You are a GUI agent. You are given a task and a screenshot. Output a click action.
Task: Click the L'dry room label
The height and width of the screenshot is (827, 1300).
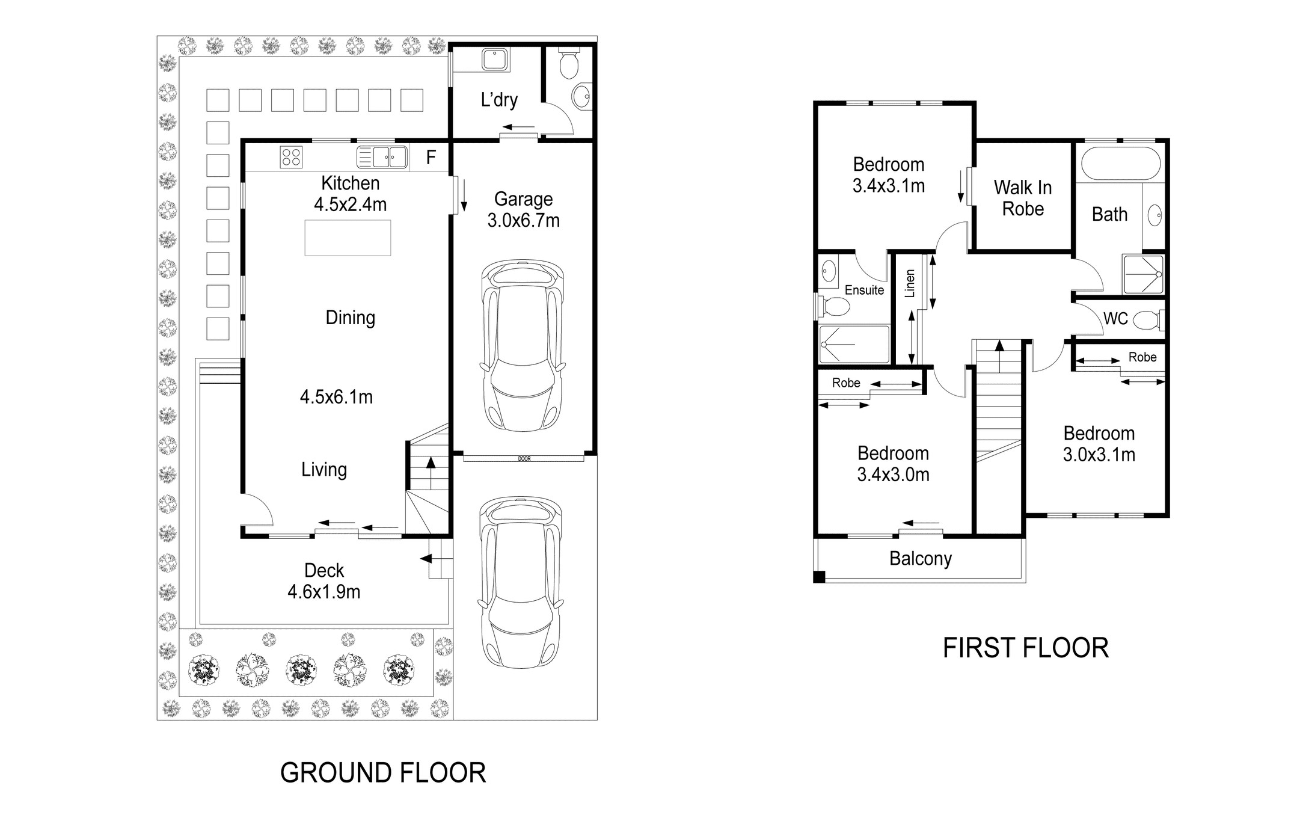pyautogui.click(x=499, y=100)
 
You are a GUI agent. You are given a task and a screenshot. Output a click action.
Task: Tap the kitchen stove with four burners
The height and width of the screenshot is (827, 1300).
pyautogui.click(x=291, y=158)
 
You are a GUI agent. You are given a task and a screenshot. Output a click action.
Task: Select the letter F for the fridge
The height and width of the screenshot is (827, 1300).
pyautogui.click(x=431, y=158)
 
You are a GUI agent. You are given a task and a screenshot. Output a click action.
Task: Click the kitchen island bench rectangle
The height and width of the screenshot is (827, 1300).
pyautogui.click(x=348, y=238)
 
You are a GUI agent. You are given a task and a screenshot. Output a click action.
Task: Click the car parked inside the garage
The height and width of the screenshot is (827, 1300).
pyautogui.click(x=523, y=345)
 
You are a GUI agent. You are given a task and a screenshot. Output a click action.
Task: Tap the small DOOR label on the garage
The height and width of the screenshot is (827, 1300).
pyautogui.click(x=524, y=459)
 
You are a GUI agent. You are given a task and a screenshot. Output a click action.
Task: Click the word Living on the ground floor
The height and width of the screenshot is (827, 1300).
pyautogui.click(x=324, y=470)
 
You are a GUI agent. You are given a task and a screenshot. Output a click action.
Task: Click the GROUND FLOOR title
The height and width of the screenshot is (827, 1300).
pyautogui.click(x=383, y=773)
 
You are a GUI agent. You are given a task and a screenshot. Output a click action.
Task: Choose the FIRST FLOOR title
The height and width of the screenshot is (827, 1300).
pyautogui.click(x=1026, y=648)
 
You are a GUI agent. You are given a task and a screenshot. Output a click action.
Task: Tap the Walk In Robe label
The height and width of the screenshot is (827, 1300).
pyautogui.click(x=1023, y=198)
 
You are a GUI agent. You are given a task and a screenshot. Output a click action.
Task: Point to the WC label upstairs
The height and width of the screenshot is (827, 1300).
pyautogui.click(x=1115, y=319)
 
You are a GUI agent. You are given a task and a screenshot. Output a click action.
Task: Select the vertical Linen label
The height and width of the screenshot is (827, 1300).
pyautogui.click(x=910, y=283)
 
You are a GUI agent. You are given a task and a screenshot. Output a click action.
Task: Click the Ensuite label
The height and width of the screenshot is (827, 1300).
pyautogui.click(x=864, y=290)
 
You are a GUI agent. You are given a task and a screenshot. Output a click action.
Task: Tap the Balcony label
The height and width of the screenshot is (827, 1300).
pyautogui.click(x=921, y=559)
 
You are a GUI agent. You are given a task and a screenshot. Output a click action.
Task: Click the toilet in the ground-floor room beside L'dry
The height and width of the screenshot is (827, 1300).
pyautogui.click(x=568, y=64)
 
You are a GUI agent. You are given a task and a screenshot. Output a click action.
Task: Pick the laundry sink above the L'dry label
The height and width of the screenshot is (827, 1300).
pyautogui.click(x=495, y=59)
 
